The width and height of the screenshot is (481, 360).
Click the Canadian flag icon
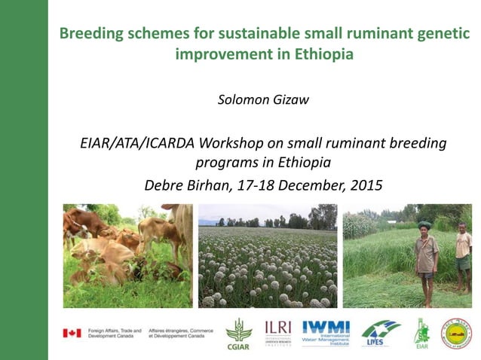pos(73,332)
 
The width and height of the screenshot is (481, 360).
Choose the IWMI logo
pos(327,332)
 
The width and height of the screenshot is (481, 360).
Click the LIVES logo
pos(380,332)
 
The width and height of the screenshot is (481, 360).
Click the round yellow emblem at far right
pos(455,332)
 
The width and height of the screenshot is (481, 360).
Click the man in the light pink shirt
pos(463,256)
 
